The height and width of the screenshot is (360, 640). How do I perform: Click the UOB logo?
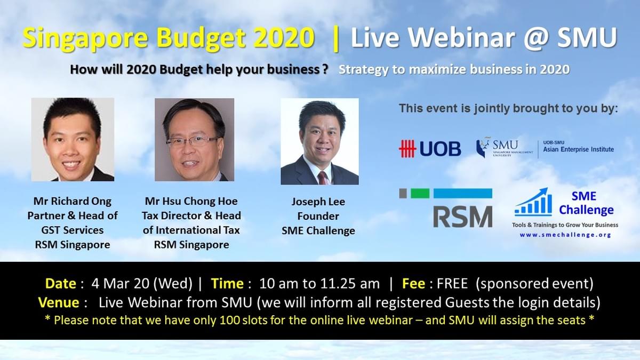point(430,149)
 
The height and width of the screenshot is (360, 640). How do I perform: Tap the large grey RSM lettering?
point(462,217)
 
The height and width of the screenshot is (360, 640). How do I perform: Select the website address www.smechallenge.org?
point(565,235)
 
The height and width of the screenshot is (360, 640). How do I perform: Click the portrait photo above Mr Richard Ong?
point(73,139)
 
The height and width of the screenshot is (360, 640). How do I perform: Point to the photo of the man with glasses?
point(194,140)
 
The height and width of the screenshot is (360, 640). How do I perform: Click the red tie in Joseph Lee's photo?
point(323,178)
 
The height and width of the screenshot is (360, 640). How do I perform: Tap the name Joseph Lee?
point(318,202)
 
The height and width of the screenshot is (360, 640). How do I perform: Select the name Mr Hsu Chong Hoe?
point(191,201)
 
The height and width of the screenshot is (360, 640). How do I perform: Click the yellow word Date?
point(61,283)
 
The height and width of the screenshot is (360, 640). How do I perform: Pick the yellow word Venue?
point(59,302)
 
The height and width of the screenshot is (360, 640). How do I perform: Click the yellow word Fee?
point(413,283)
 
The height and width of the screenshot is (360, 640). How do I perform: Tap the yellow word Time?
point(227,283)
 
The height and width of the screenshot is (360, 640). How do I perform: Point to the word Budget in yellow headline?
point(201,38)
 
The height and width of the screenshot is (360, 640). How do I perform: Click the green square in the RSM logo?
point(420,194)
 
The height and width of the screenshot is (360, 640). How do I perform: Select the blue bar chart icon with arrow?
point(533,202)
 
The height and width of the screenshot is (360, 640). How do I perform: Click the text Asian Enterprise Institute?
point(578,149)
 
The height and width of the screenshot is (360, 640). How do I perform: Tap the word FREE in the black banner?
point(452,283)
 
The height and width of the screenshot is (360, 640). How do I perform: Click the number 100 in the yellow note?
point(230,321)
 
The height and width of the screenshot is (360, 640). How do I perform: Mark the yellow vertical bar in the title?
point(336,39)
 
